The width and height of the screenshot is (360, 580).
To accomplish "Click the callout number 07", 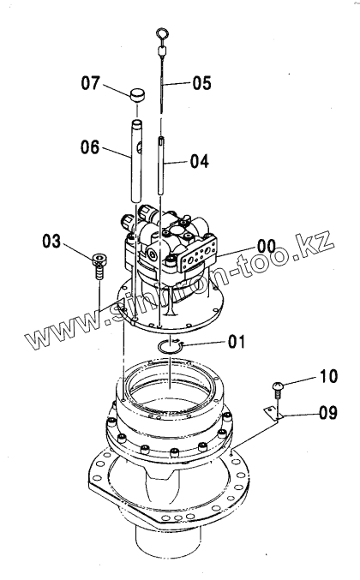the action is [91, 83].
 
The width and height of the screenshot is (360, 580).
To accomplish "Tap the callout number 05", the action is [201, 82].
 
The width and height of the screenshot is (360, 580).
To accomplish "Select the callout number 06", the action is [90, 147].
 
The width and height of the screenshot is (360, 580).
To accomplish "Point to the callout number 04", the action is [200, 161].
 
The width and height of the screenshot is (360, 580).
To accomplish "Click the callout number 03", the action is [51, 242].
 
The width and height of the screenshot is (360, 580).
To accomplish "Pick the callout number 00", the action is [267, 246].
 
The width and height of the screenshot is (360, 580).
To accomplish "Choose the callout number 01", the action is [237, 342].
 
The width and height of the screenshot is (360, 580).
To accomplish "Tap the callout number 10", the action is [328, 376].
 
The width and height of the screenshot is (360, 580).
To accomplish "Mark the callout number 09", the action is [328, 412].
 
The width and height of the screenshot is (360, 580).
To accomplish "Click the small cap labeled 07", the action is [137, 95].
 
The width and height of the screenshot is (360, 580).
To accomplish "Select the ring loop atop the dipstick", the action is [162, 34].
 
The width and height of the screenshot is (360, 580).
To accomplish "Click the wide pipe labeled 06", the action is [136, 160].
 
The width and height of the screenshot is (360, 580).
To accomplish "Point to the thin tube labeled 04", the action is [161, 165].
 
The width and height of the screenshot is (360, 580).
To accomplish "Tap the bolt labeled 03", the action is [99, 265].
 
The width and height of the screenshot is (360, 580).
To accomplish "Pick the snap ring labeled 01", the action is [170, 347].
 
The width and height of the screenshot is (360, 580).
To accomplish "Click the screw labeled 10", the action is [278, 390].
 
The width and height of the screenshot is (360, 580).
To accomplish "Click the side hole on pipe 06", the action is [139, 148].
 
